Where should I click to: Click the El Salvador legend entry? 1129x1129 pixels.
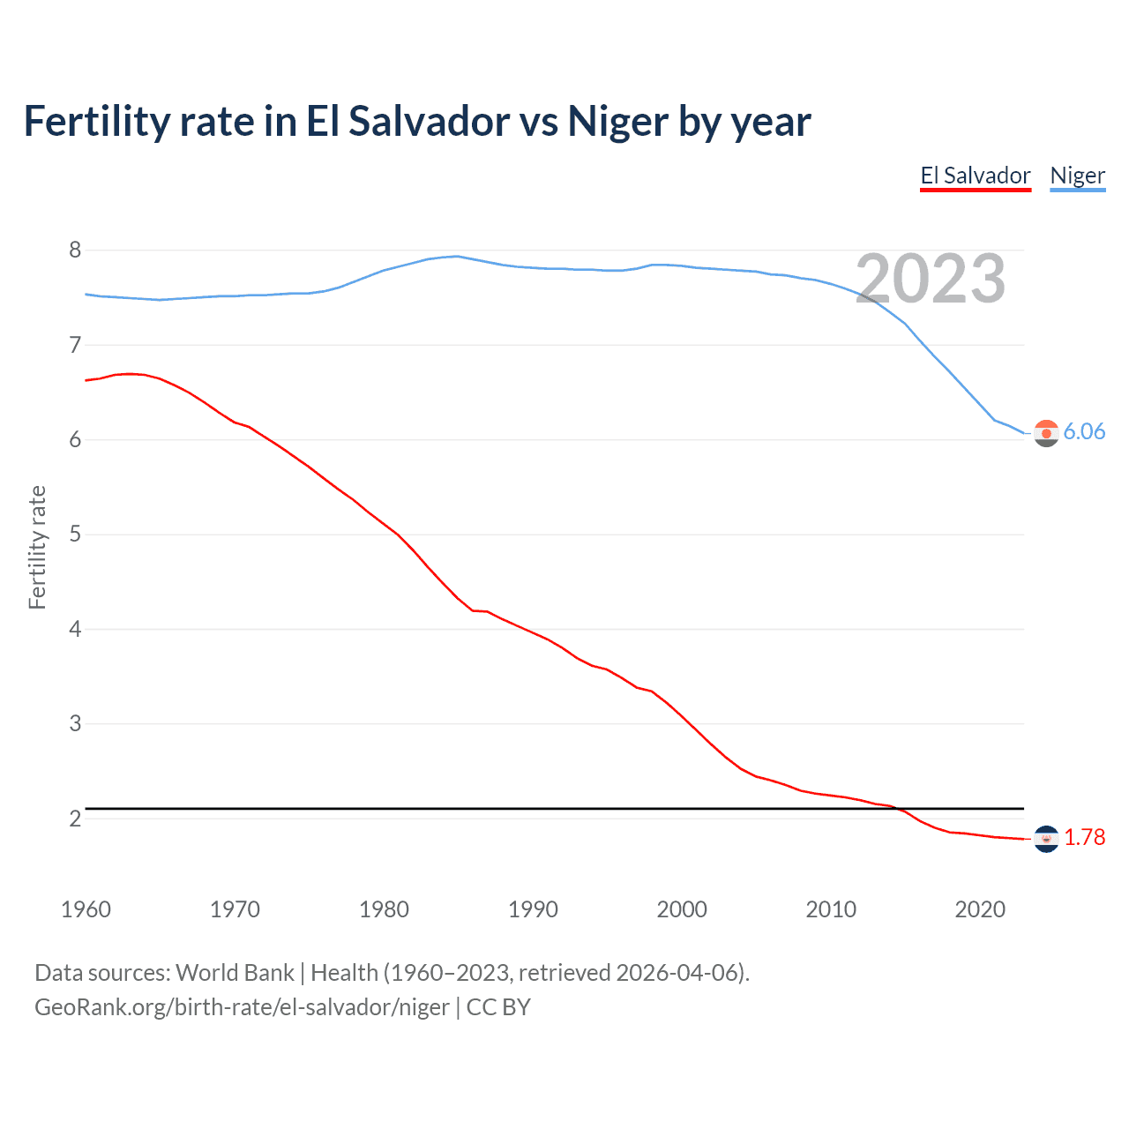[975, 176]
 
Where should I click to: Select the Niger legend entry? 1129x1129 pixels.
[1077, 176]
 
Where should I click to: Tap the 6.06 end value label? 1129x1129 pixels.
[1084, 431]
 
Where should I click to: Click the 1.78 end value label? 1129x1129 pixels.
[1084, 837]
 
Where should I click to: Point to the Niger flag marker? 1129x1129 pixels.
[1046, 433]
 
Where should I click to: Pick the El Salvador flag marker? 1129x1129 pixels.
[1046, 839]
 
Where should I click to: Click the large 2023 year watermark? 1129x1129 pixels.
[931, 279]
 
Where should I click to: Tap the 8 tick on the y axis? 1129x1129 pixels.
[75, 250]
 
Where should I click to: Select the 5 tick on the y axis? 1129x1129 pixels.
[75, 535]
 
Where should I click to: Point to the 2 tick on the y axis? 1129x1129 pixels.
[75, 819]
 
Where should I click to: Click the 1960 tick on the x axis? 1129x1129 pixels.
[86, 909]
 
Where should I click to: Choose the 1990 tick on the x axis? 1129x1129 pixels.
[533, 909]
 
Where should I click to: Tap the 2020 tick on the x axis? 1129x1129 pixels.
[980, 909]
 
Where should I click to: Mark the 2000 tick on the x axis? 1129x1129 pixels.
[682, 909]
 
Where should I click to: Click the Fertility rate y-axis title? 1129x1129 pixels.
[37, 547]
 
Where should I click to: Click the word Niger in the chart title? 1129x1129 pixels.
[617, 122]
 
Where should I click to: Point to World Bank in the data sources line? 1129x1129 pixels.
[235, 973]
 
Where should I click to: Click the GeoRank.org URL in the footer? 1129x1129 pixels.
[242, 1007]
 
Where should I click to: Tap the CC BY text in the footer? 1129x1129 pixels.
[498, 1007]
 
